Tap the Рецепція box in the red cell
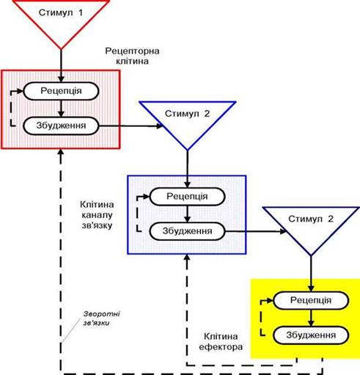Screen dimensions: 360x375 (61, 91)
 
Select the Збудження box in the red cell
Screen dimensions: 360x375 (61, 125)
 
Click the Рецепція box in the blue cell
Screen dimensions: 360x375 (187, 197)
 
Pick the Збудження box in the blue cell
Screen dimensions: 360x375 (187, 231)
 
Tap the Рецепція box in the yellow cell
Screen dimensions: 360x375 (311, 300)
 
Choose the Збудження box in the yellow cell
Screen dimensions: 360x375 (311, 335)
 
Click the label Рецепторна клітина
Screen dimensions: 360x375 (132, 56)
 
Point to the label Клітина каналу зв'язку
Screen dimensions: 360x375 (97, 215)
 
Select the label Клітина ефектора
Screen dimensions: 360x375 (221, 341)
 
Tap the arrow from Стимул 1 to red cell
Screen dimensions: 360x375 (61, 65)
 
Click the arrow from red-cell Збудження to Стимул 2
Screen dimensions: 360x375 (131, 126)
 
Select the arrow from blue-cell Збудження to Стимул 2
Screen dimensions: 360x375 (256, 231)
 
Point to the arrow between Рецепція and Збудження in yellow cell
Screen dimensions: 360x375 (311, 318)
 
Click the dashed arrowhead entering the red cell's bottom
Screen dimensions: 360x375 (61, 152)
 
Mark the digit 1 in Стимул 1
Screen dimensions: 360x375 (81, 12)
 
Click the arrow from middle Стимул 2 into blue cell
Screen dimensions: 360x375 (187, 169)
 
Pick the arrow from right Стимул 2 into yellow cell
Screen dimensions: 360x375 (311, 274)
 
